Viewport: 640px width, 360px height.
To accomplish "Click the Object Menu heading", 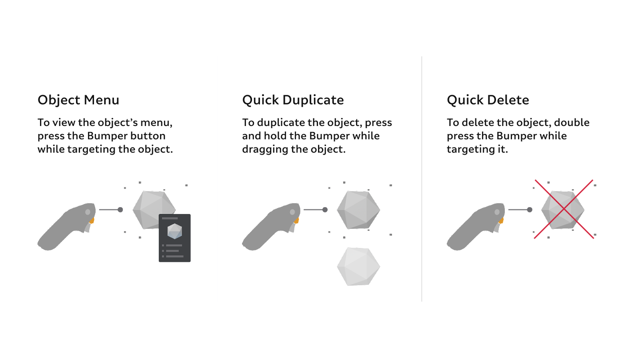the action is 78,100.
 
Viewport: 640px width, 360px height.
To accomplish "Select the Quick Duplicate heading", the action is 293,100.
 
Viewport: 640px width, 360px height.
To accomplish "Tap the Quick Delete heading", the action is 488,100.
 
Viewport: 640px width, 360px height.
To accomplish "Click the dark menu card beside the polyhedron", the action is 174,238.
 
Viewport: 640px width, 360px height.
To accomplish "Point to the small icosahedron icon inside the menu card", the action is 174,231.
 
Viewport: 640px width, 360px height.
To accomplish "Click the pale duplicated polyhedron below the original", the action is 358,266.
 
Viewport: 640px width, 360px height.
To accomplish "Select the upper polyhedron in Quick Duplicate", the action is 358,210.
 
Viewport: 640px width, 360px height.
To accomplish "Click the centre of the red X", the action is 564,209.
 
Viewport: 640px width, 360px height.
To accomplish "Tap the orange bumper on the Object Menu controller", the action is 92,220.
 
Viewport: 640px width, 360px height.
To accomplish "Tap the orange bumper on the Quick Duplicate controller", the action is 296,220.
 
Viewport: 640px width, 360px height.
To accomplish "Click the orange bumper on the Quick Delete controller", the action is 501,220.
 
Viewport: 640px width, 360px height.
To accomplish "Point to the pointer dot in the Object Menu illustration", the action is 120,210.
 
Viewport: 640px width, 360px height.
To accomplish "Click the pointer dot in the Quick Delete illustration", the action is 530,210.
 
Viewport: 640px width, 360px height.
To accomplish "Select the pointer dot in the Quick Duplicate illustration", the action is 325,210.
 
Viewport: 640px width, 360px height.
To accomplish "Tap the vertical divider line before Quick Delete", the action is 422,179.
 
